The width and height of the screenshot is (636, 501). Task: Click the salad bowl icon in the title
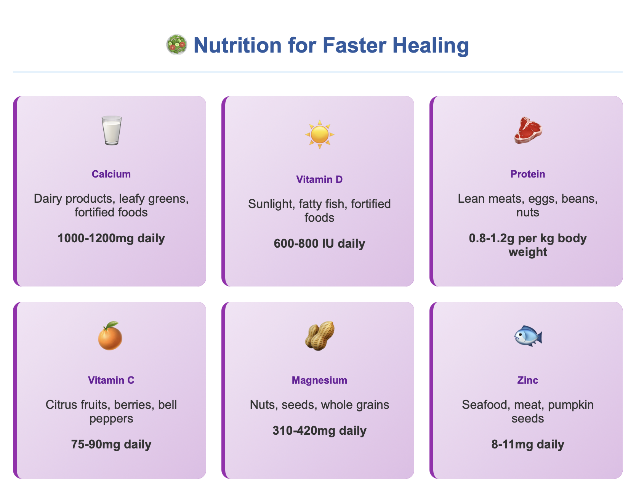(x=177, y=45)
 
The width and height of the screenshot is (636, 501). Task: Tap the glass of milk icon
(x=111, y=130)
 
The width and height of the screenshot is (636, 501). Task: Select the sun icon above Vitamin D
(x=319, y=134)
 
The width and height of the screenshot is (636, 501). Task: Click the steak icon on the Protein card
(x=528, y=130)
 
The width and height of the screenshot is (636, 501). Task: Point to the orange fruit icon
(x=111, y=336)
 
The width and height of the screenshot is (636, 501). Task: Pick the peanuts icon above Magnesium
(x=320, y=336)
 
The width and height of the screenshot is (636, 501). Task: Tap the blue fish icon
(x=528, y=336)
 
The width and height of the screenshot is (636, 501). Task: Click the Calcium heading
(x=111, y=174)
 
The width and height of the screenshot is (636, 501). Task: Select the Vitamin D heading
(x=319, y=179)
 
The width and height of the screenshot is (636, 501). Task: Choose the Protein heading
(x=528, y=174)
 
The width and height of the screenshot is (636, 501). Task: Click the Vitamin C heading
(x=111, y=380)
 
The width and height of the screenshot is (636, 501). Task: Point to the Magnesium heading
(x=319, y=380)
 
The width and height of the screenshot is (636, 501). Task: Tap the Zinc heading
(x=528, y=380)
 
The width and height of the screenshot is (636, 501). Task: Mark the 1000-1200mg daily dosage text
(x=111, y=238)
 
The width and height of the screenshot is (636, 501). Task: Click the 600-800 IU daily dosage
(x=319, y=244)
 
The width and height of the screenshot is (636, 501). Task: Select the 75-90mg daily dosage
(x=111, y=445)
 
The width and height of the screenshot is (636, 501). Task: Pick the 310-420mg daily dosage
(x=319, y=431)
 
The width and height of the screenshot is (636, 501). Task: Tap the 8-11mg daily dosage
(x=528, y=445)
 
